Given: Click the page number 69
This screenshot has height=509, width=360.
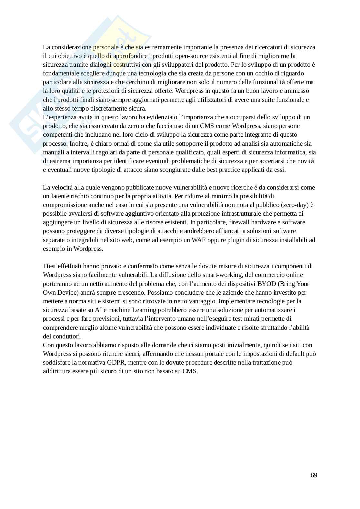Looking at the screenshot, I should click(314, 475).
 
